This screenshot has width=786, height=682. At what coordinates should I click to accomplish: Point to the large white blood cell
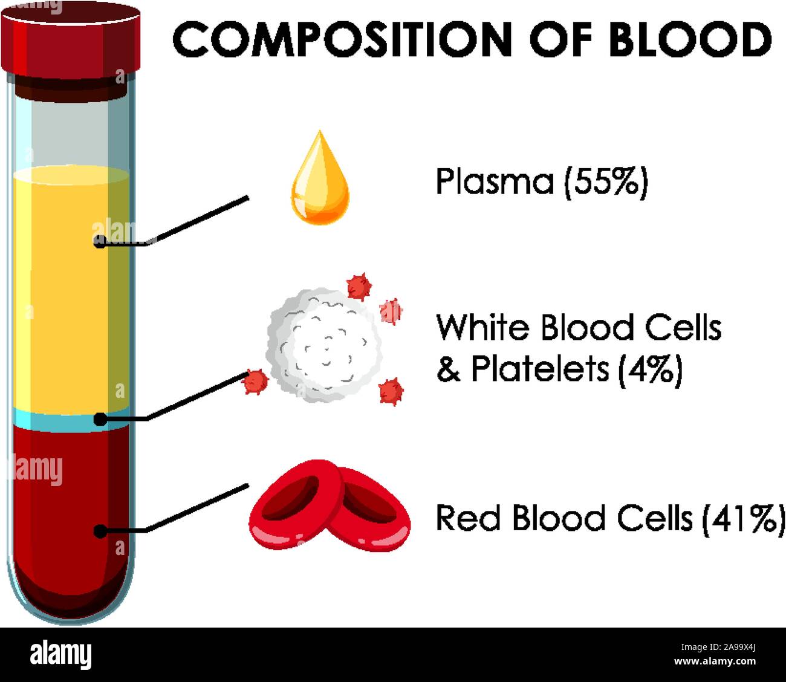pyautogui.click(x=324, y=345)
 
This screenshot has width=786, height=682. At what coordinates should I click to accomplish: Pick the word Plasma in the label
pyautogui.click(x=495, y=181)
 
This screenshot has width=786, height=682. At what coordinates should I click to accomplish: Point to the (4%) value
pyautogui.click(x=650, y=369)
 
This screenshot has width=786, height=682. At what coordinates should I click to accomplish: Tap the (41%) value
pyautogui.click(x=742, y=518)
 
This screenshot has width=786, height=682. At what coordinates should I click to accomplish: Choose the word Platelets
pyautogui.click(x=540, y=369)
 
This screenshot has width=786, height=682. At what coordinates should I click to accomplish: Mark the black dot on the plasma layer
pyautogui.click(x=100, y=242)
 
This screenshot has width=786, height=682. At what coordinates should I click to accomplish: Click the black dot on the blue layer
pyautogui.click(x=100, y=419)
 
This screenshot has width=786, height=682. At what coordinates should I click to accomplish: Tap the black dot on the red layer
pyautogui.click(x=100, y=531)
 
